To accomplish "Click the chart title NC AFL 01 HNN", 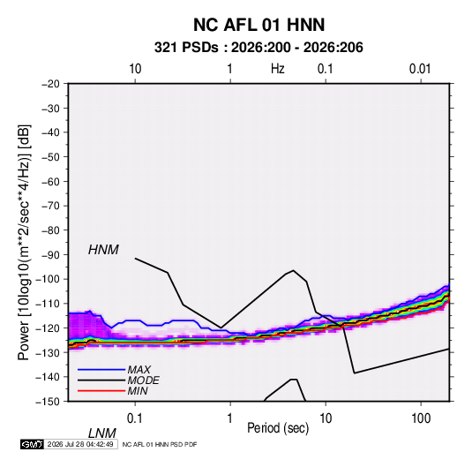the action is (258, 25).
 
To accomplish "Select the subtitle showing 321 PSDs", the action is (258, 48).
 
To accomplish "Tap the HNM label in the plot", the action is (103, 250).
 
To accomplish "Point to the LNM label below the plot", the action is (102, 433).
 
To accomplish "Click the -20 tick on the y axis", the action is (50, 84).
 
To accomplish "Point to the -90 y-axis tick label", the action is (50, 255).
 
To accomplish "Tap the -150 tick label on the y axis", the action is (48, 402).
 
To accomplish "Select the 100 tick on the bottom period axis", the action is (421, 418).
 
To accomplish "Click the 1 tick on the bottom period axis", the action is (230, 418).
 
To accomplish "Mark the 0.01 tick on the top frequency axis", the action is (420, 69).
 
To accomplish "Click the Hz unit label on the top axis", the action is (278, 69).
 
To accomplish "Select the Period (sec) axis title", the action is (278, 428).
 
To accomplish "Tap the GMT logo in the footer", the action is (32, 444).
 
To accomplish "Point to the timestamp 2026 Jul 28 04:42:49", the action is (80, 444).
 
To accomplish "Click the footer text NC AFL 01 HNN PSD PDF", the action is (160, 444).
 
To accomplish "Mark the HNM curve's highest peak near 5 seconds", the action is (293, 270).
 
